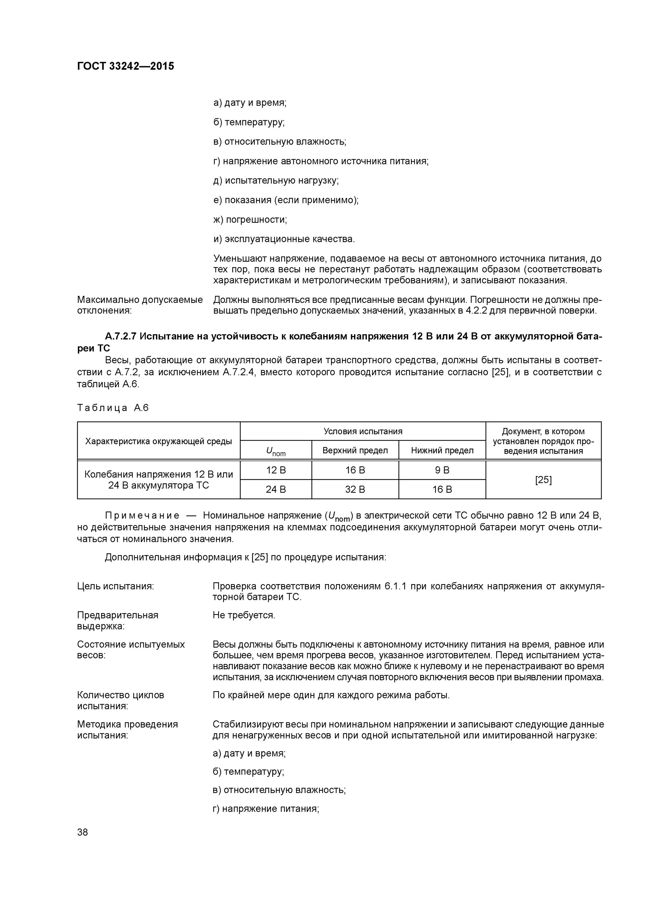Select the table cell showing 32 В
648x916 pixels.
pyautogui.click(x=355, y=489)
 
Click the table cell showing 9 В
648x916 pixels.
pyautogui.click(x=442, y=471)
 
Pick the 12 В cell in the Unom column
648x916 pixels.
pyautogui.click(x=276, y=471)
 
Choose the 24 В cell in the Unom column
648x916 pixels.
pyautogui.click(x=276, y=489)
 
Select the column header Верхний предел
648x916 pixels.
pyautogui.click(x=355, y=450)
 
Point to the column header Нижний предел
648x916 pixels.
pyautogui.click(x=442, y=450)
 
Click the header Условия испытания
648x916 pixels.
pyautogui.click(x=363, y=431)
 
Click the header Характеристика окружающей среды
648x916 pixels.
pyautogui.click(x=159, y=441)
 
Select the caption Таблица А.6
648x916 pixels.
pyautogui.click(x=113, y=408)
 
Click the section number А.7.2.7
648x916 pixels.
pyautogui.click(x=121, y=336)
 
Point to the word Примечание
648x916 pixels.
pyautogui.click(x=142, y=515)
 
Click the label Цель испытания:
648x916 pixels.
pyautogui.click(x=115, y=586)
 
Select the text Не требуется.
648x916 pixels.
pyautogui.click(x=244, y=615)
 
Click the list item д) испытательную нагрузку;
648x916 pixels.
pyautogui.click(x=276, y=180)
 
